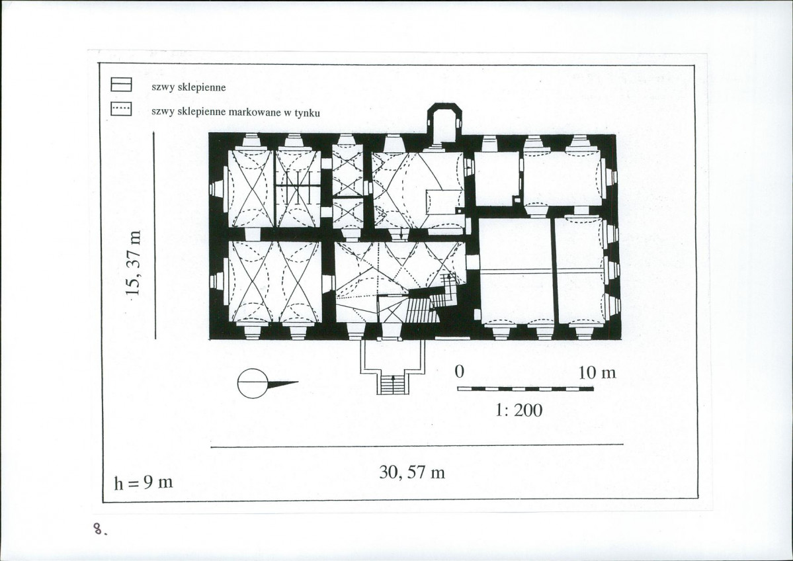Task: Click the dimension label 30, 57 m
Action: (x=412, y=472)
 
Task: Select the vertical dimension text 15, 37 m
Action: (x=134, y=263)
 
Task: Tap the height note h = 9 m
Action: (x=144, y=482)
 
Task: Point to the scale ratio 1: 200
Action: (x=519, y=410)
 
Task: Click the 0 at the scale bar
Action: (x=459, y=372)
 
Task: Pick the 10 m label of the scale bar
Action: (x=597, y=373)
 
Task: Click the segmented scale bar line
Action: (x=525, y=389)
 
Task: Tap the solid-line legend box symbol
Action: (x=122, y=85)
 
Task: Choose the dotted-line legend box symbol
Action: (x=122, y=108)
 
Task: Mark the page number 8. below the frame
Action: (x=100, y=529)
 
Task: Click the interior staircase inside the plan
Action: (x=421, y=309)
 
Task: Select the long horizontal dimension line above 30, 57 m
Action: (x=417, y=446)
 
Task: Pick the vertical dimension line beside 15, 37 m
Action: (x=154, y=236)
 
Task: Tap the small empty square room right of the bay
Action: (x=497, y=178)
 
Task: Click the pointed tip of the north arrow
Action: (x=298, y=382)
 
